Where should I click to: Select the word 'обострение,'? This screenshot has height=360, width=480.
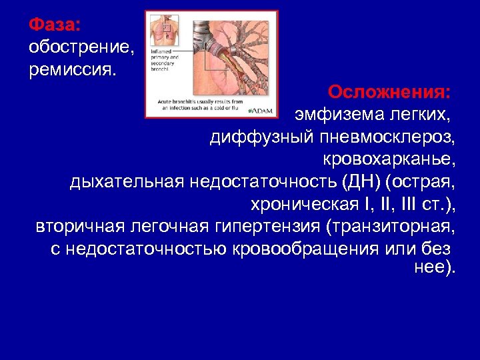tap(82, 48)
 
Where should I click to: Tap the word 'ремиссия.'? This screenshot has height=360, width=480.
tap(72, 70)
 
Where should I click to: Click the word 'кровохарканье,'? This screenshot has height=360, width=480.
tap(389, 160)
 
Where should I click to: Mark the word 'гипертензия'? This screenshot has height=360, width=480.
tap(269, 227)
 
